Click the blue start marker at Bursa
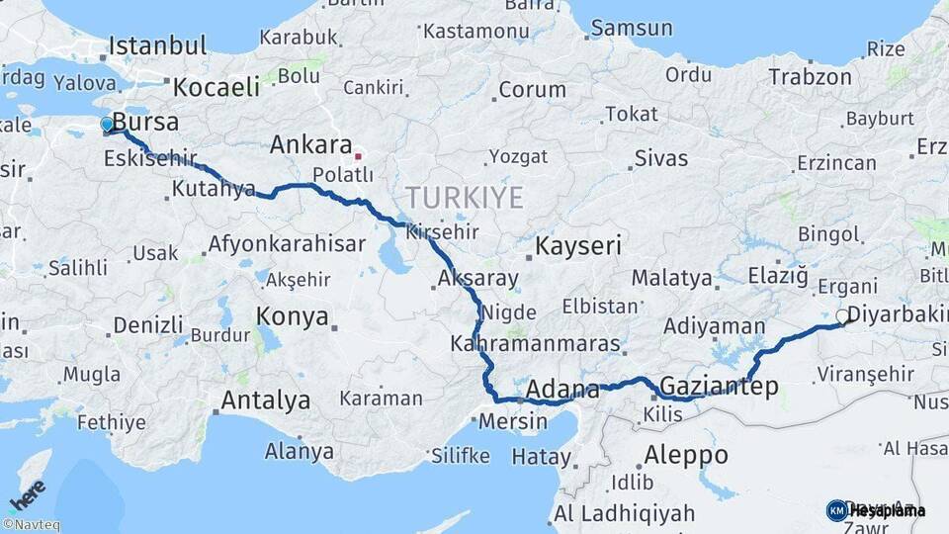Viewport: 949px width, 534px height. (x=107, y=125)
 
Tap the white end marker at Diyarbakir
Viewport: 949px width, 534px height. (x=842, y=316)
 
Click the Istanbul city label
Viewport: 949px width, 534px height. (x=157, y=45)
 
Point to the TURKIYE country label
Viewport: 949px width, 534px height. (x=464, y=198)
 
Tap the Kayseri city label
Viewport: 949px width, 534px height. (x=578, y=245)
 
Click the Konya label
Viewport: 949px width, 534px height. (x=292, y=316)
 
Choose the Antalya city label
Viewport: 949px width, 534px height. (x=265, y=400)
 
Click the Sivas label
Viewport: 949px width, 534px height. (x=661, y=157)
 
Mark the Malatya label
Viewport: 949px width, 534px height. (x=671, y=278)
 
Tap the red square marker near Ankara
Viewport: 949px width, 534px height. (x=358, y=155)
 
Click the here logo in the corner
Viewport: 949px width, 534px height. (x=27, y=492)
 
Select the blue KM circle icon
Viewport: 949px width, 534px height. (x=836, y=510)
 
